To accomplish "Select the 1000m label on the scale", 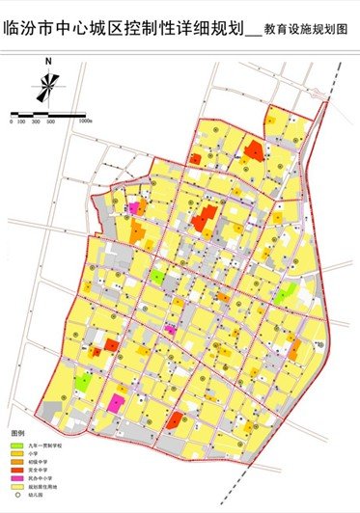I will [85, 122].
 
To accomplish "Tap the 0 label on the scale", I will [12, 122].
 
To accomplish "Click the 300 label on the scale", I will [38, 122].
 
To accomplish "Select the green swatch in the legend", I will [16, 445].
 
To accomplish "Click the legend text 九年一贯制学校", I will [44, 445].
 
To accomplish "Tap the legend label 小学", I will [37, 453].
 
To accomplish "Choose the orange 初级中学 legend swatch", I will [16, 462].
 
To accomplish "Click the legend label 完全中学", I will [40, 471].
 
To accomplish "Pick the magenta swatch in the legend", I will [16, 479].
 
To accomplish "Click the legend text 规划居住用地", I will [42, 488].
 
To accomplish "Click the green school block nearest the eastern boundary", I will [283, 294].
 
